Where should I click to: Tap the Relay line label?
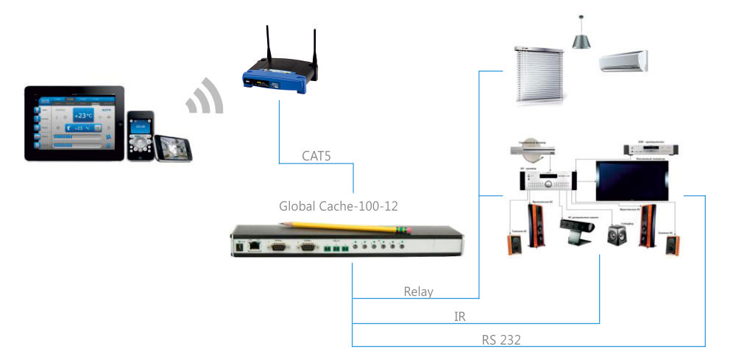pos(419,292)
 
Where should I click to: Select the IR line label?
pos(460,317)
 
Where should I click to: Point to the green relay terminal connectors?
pos(336,248)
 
